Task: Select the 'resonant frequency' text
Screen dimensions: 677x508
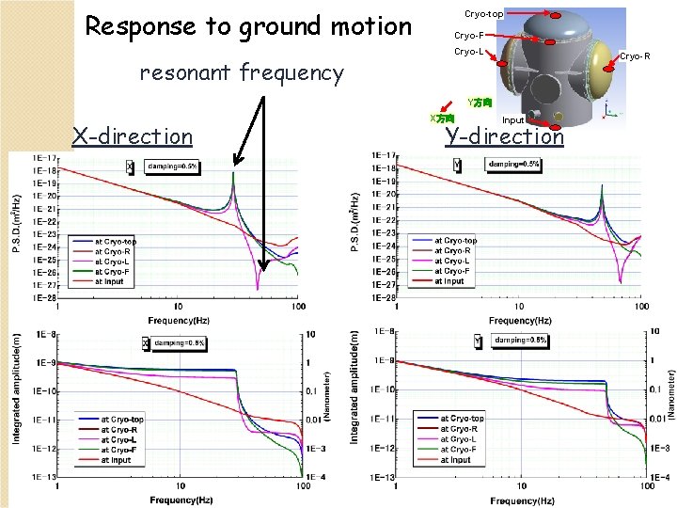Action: pyautogui.click(x=241, y=72)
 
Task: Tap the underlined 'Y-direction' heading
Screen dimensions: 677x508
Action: pyautogui.click(x=504, y=136)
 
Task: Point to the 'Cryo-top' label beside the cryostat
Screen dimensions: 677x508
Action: pyautogui.click(x=483, y=14)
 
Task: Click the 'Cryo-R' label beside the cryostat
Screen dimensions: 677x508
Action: pyautogui.click(x=635, y=56)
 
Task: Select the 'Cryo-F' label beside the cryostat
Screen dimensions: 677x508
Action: pyautogui.click(x=468, y=35)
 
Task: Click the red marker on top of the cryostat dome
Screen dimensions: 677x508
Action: pyautogui.click(x=556, y=16)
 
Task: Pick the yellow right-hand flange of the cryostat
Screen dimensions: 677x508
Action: pyautogui.click(x=595, y=65)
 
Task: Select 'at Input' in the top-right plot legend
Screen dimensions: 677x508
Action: pyautogui.click(x=449, y=281)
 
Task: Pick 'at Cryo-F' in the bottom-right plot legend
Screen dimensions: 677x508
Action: pyautogui.click(x=458, y=450)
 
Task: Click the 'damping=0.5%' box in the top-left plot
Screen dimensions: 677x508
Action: pyautogui.click(x=172, y=167)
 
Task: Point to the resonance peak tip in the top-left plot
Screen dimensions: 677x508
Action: pyautogui.click(x=232, y=173)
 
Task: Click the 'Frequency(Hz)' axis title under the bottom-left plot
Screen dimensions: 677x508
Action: pyautogui.click(x=178, y=500)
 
